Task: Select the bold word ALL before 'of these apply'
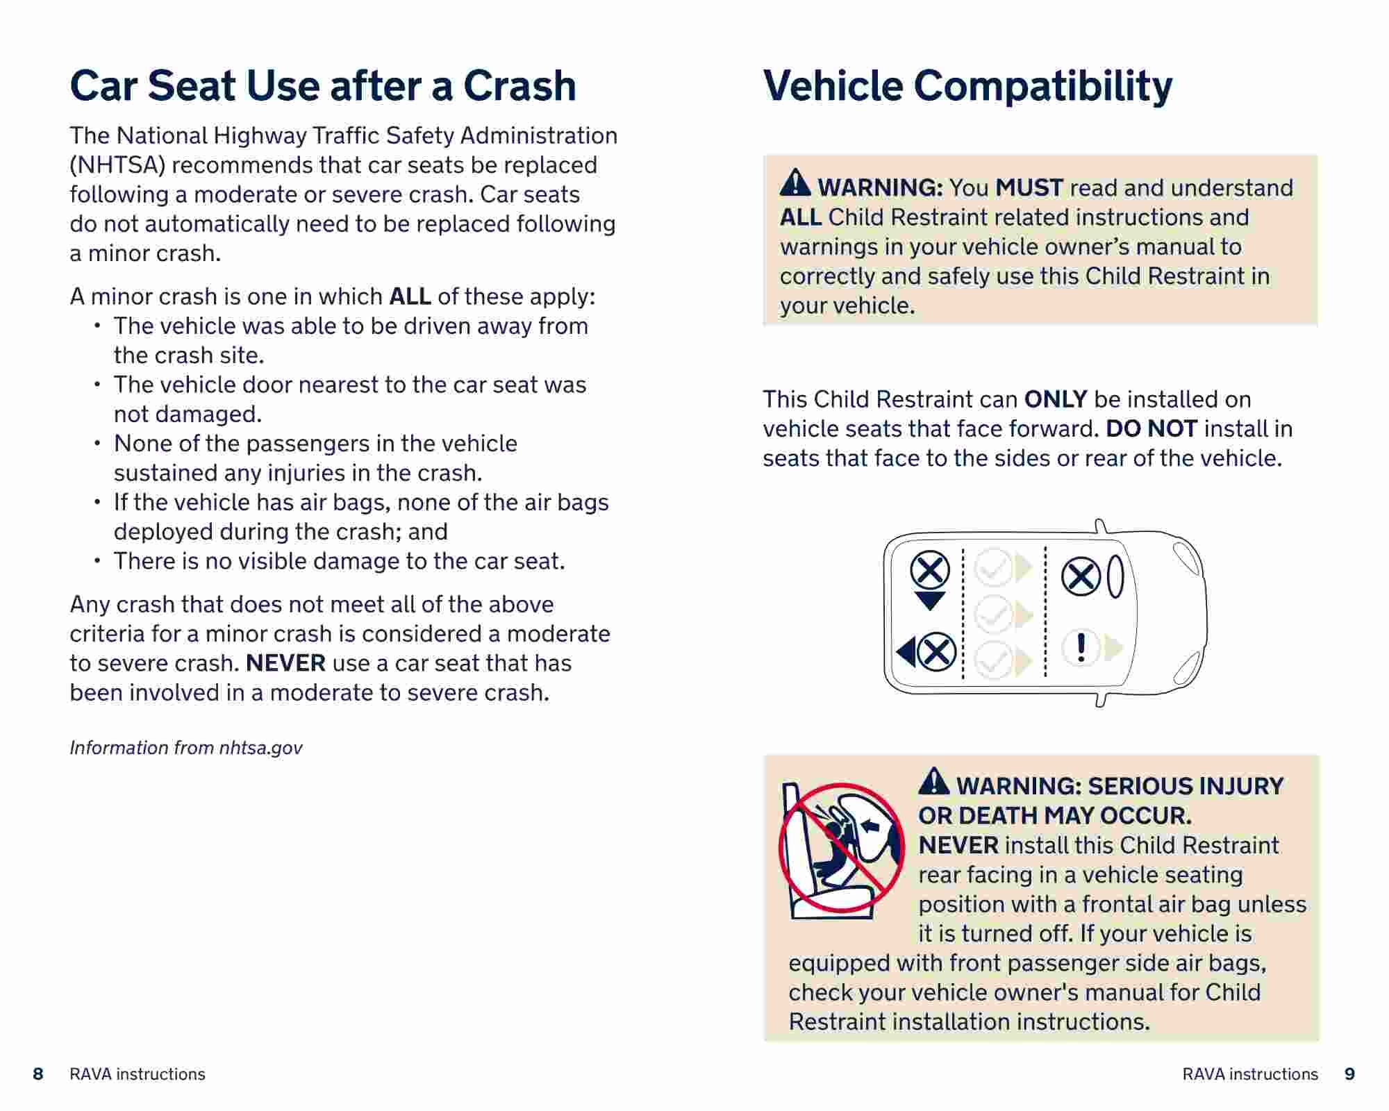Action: coord(410,296)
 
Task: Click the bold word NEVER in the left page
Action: coord(285,663)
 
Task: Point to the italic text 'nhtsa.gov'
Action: coord(260,748)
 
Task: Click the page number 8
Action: coord(38,1074)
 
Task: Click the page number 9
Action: coord(1349,1074)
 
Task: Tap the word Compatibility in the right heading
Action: coord(1042,86)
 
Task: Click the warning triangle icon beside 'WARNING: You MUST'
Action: coord(795,183)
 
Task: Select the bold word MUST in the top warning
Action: coord(1029,187)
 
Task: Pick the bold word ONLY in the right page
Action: coord(1056,399)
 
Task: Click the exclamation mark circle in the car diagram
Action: coord(1081,648)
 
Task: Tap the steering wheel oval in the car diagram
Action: coord(1115,576)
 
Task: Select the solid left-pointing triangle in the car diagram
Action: coord(906,653)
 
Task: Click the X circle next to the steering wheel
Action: coord(1081,576)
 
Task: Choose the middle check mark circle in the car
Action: coord(994,615)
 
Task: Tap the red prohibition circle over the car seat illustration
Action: coord(841,847)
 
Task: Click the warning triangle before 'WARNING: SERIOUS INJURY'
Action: coord(933,781)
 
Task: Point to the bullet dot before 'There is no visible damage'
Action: coord(98,560)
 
